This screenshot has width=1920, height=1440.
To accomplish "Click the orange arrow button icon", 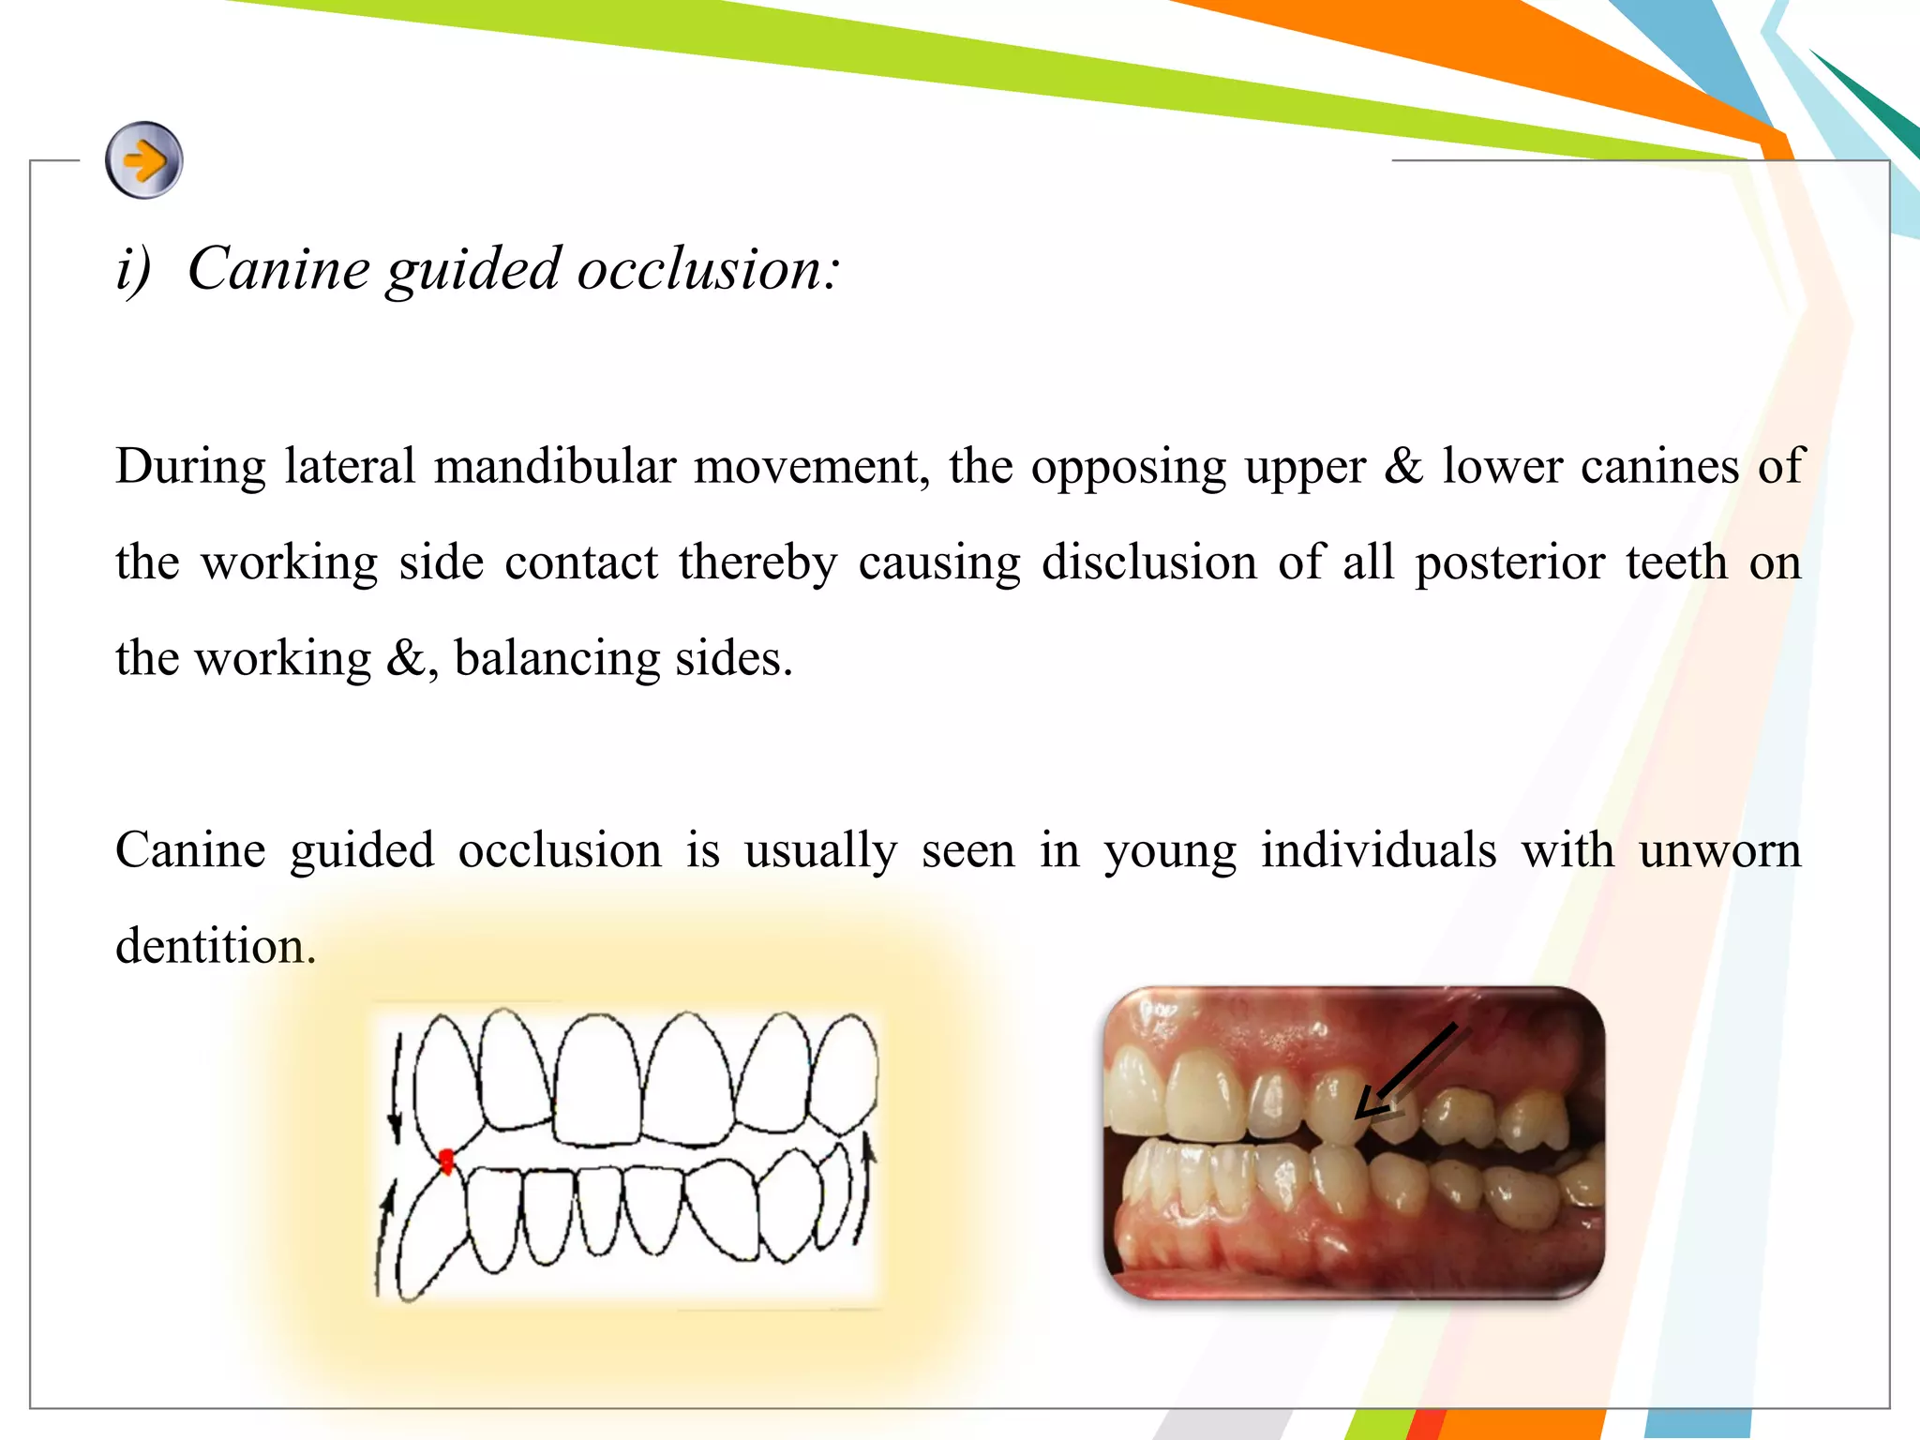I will pyautogui.click(x=143, y=160).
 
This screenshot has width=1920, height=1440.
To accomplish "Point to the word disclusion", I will pyautogui.click(x=1148, y=562).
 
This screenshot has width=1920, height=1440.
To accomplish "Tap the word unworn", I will pyautogui.click(x=1719, y=851).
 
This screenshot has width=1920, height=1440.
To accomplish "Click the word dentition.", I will pyautogui.click(x=215, y=946).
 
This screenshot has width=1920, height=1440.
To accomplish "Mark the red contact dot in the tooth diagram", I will pyautogui.click(x=447, y=1162).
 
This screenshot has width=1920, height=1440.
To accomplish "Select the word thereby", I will pyautogui.click(x=757, y=563).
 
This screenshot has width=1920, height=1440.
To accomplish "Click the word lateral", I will pyautogui.click(x=350, y=466).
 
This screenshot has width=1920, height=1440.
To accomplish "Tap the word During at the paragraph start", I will pyautogui.click(x=190, y=467).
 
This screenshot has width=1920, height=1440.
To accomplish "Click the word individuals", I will pyautogui.click(x=1377, y=851).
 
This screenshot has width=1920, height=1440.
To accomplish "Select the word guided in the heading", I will pyautogui.click(x=473, y=271).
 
